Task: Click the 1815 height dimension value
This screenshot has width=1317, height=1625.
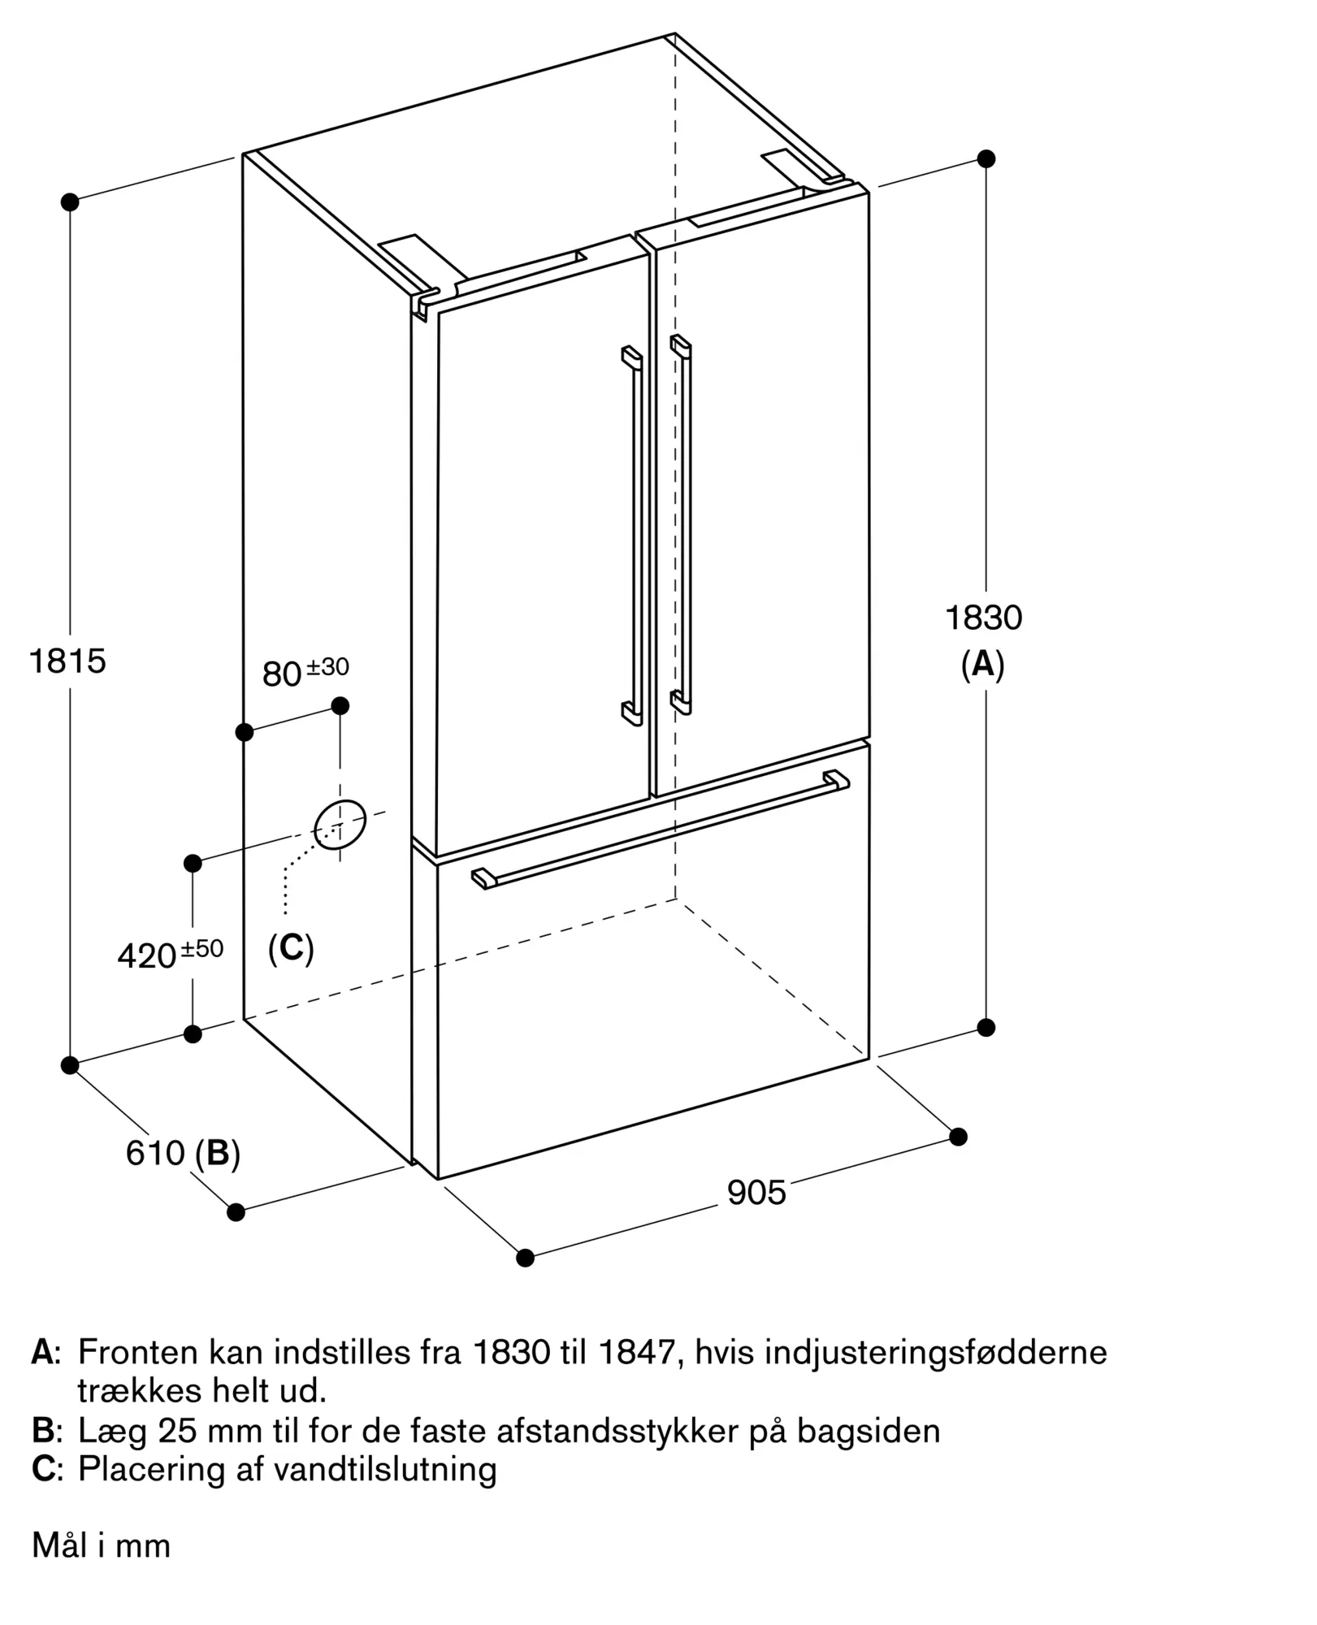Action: click(67, 661)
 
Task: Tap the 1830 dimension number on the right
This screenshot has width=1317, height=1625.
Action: click(983, 618)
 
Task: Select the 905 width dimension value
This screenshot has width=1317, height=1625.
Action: click(756, 1193)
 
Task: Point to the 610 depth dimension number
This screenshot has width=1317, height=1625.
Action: click(154, 1154)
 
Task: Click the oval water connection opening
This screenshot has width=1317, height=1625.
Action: click(340, 824)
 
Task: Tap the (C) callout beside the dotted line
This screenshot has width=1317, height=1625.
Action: click(291, 947)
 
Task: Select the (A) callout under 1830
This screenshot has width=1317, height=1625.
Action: click(983, 665)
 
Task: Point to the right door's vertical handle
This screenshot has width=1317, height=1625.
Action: click(685, 525)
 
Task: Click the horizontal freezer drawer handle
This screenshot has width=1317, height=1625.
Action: click(660, 830)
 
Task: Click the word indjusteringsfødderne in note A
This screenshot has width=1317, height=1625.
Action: click(936, 1353)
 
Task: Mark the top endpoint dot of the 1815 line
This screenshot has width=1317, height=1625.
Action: click(70, 201)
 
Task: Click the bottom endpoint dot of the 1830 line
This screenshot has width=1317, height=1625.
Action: click(986, 1028)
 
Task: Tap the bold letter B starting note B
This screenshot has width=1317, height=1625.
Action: click(43, 1431)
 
